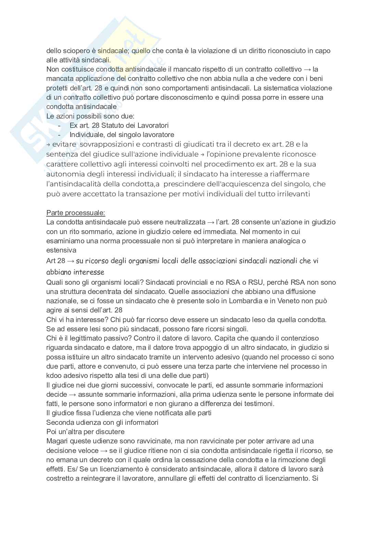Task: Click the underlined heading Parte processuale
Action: coord(76,212)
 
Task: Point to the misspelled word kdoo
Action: coord(54,376)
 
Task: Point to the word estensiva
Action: coord(61,250)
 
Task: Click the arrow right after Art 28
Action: coord(71,261)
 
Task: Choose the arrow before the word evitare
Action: coord(48,144)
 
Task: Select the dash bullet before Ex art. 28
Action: coord(60,125)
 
